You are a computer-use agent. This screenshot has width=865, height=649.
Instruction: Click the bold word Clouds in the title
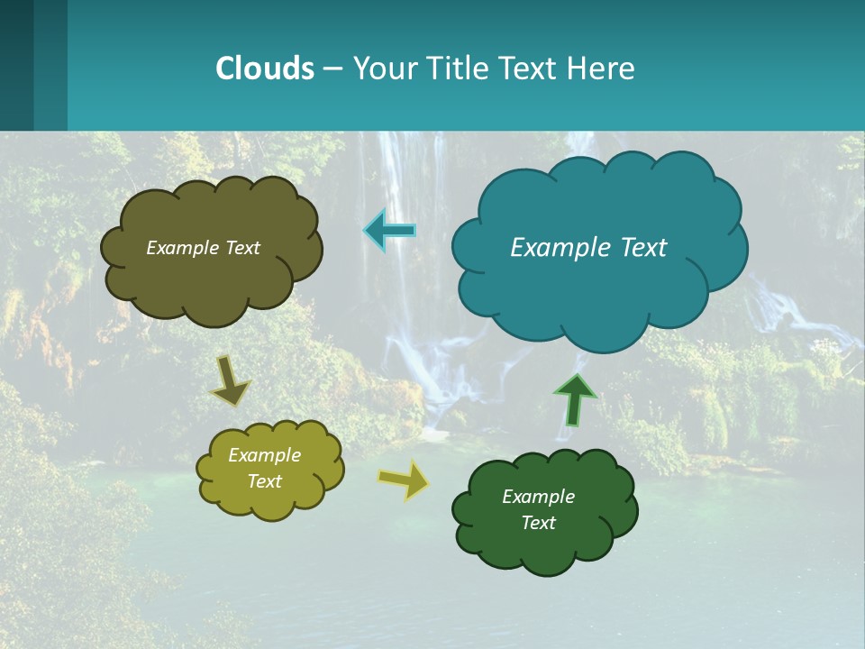point(265,68)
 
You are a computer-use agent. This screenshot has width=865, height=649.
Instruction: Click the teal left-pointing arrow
point(389,232)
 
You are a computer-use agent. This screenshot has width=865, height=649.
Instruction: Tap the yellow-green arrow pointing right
point(404,480)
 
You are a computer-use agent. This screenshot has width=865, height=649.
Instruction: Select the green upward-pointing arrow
point(575,398)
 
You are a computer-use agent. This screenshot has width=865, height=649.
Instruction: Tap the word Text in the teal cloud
point(642,248)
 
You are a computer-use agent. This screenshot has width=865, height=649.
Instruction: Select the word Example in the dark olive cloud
point(182,248)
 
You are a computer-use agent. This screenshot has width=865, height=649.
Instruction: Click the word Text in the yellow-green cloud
point(265,481)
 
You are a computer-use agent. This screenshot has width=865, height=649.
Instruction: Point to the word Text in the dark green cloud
point(539,523)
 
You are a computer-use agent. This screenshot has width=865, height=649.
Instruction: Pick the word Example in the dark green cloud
point(539,497)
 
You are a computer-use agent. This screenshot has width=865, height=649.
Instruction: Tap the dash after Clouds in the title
point(332,69)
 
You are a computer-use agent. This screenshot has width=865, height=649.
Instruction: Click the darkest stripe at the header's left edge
point(16,65)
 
